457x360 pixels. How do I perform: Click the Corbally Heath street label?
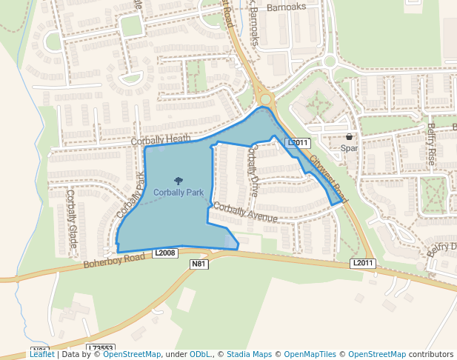[161, 140]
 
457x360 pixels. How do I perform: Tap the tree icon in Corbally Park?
[178, 180]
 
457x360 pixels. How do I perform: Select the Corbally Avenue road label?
[244, 213]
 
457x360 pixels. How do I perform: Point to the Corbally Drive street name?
[253, 164]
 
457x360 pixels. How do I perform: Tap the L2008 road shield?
[166, 253]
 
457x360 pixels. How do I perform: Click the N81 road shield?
[199, 264]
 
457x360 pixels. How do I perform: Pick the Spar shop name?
[350, 148]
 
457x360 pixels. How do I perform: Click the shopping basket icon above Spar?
[350, 137]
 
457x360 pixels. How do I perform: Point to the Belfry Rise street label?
[431, 144]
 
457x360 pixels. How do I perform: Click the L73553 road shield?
[101, 348]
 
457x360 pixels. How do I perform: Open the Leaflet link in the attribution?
[41, 355]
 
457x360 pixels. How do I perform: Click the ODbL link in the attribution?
[201, 355]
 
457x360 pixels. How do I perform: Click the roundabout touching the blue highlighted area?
[265, 99]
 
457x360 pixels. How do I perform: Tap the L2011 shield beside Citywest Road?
[297, 142]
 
